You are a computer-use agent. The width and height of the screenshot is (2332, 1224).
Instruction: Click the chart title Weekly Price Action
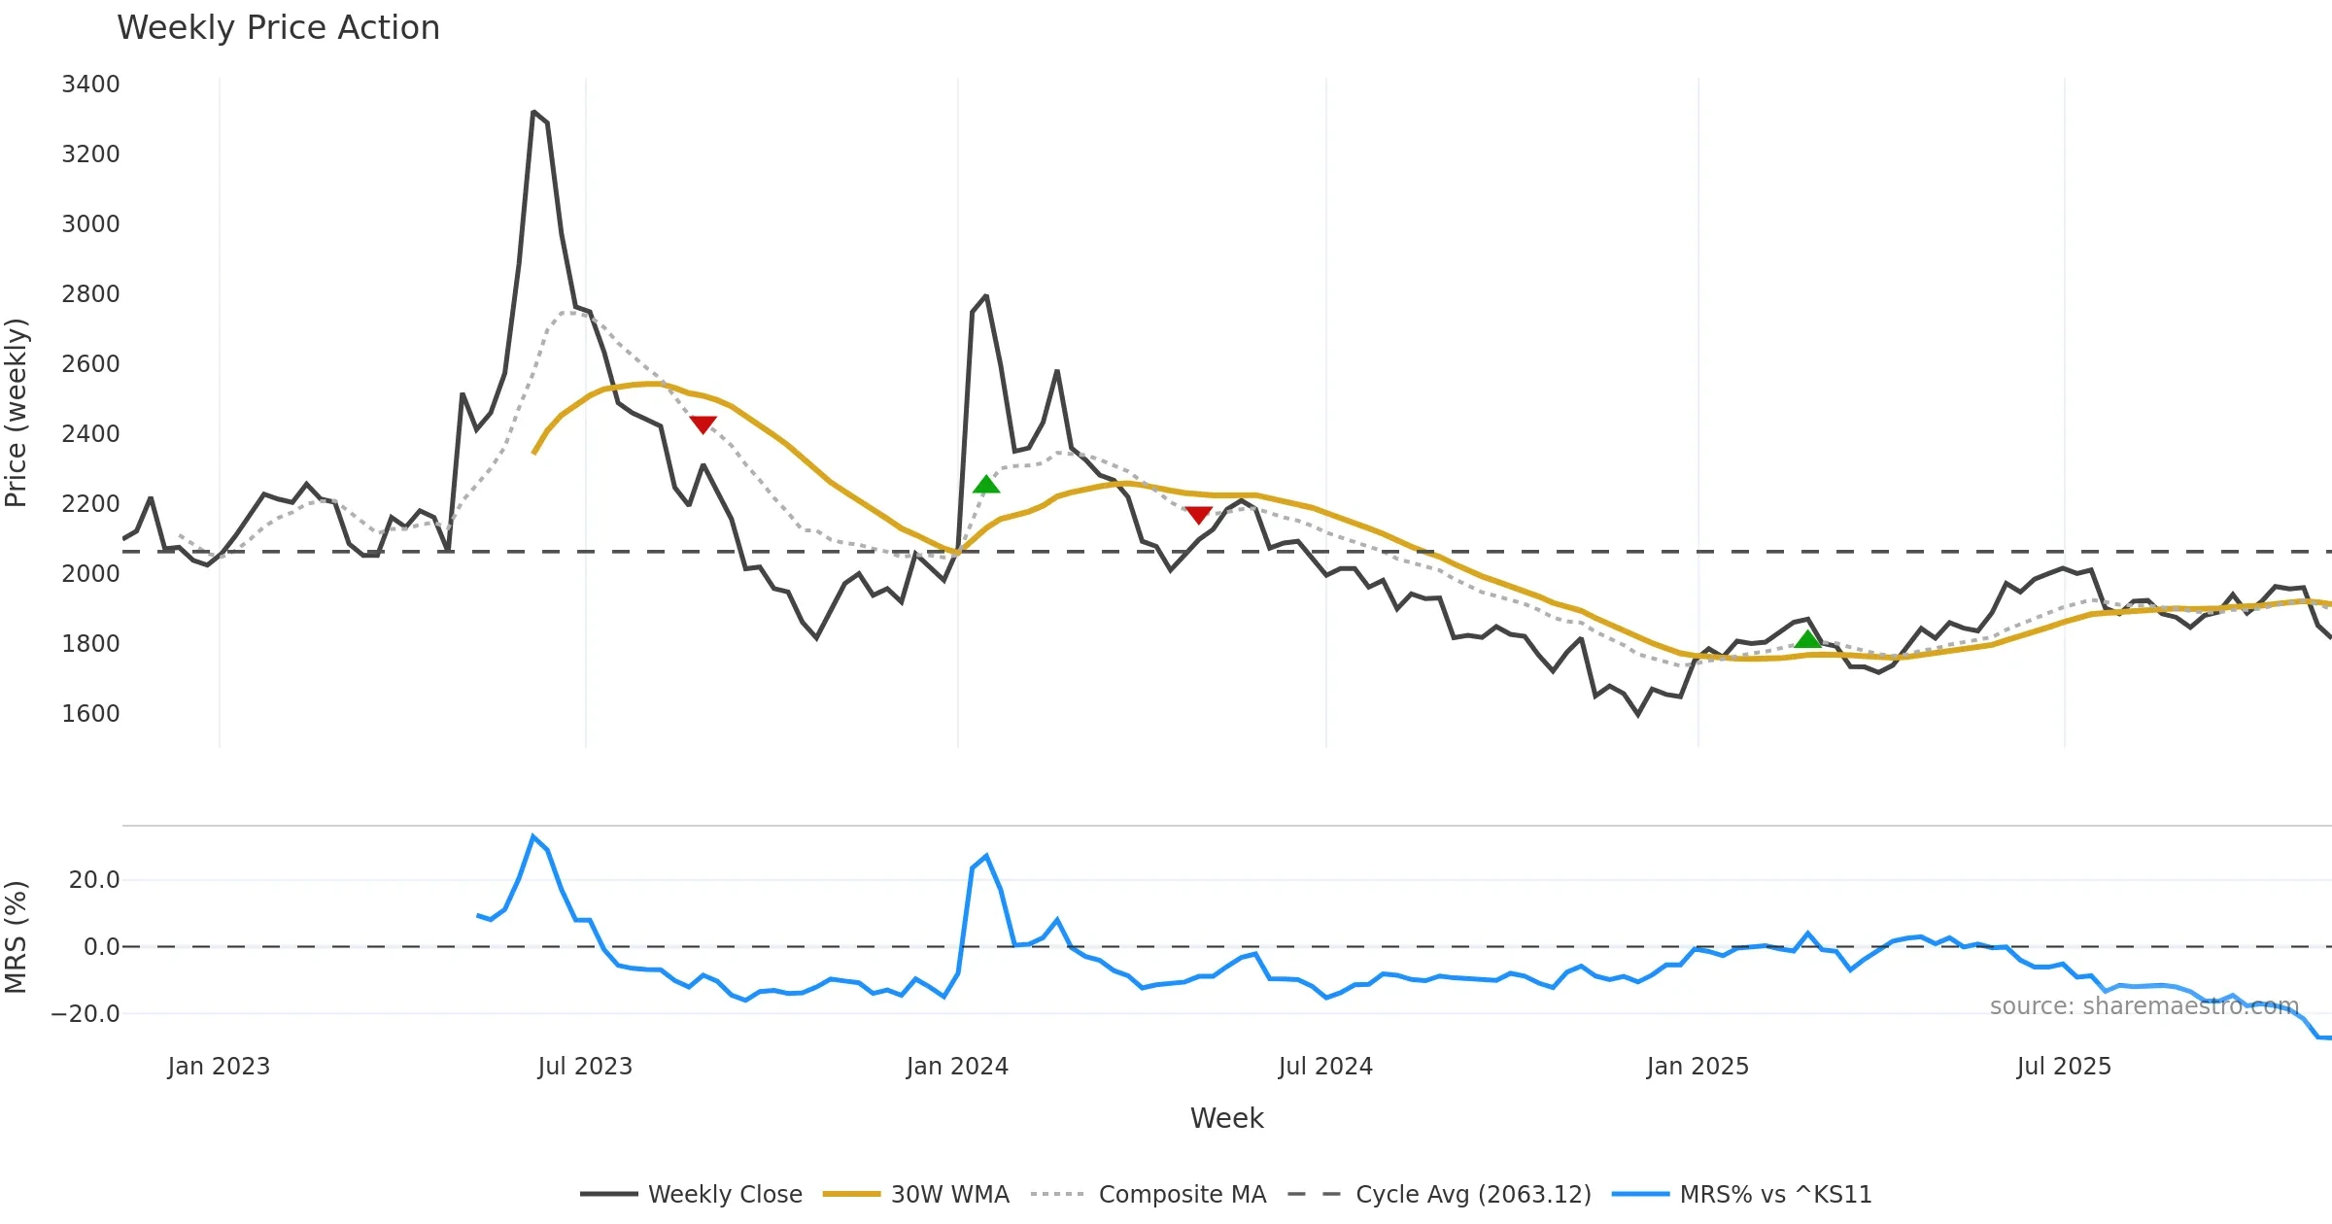278,28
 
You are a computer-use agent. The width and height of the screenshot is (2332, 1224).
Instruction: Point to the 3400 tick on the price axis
90,85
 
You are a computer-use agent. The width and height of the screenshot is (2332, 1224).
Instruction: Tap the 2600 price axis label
90,364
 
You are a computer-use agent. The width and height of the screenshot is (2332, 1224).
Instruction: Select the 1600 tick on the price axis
90,714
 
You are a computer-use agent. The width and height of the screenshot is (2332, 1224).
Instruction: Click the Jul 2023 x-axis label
585,1067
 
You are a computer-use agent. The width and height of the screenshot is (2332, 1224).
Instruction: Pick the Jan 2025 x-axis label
1698,1067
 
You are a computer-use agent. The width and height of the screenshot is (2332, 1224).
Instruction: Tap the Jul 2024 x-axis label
1325,1067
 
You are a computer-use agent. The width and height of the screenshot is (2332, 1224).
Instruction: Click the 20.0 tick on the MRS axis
94,880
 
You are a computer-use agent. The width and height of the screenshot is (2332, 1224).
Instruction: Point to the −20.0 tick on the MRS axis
86,1014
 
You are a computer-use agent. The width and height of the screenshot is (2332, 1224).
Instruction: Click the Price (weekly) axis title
17,413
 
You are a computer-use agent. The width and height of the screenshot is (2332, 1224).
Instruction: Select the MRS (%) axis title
17,937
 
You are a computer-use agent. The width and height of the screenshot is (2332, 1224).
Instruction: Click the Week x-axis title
1226,1119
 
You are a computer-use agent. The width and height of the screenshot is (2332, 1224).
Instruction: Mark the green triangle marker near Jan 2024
986,485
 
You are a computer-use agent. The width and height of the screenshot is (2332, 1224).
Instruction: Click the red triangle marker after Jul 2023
703,425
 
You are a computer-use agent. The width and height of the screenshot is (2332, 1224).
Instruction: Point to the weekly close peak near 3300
533,113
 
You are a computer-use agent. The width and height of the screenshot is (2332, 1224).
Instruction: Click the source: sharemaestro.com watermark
2143,1006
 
